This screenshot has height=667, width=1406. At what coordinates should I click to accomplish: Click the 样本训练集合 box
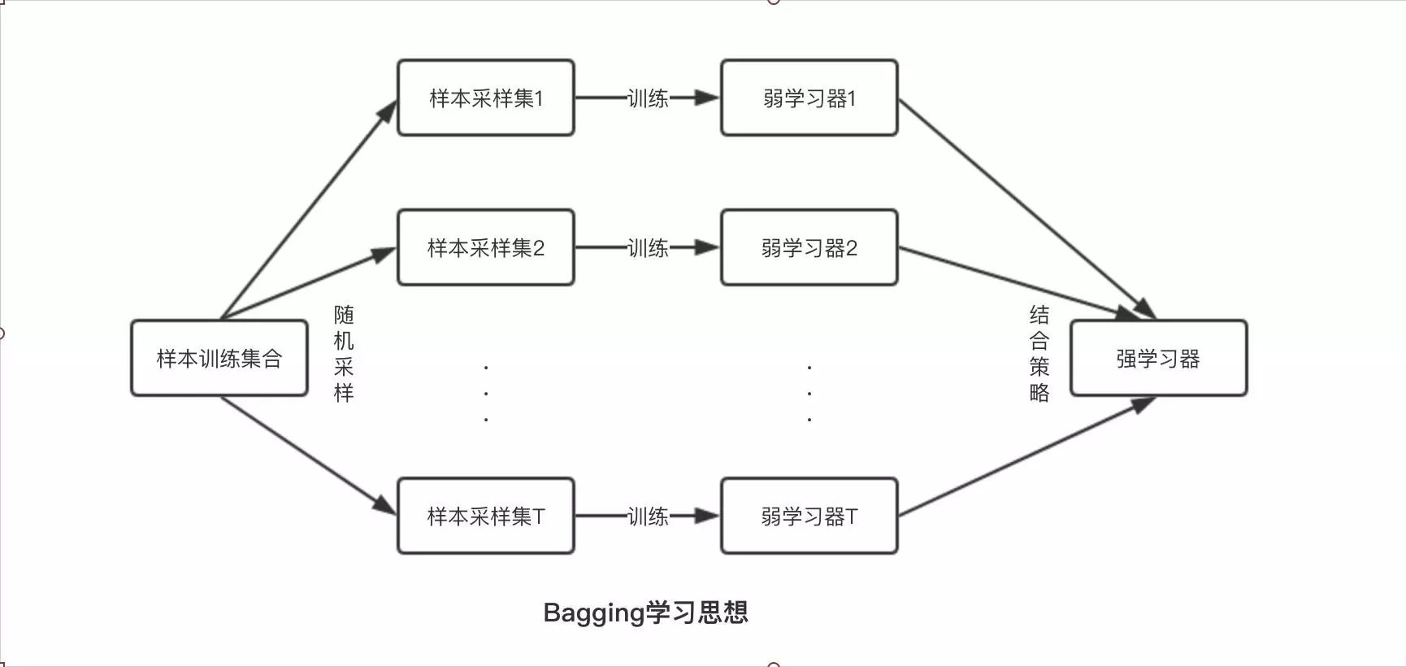(x=219, y=358)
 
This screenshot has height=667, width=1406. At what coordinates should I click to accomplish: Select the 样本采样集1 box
(x=485, y=98)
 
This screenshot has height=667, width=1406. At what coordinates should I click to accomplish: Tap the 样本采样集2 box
(x=485, y=247)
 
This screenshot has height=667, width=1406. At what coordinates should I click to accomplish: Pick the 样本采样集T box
(x=485, y=516)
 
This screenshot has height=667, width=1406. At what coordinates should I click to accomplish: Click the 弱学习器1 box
(x=809, y=98)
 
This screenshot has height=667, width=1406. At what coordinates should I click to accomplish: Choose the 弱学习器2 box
(x=809, y=247)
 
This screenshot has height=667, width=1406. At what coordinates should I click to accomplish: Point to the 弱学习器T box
(x=809, y=516)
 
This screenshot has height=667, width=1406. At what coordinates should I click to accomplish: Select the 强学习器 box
(x=1158, y=358)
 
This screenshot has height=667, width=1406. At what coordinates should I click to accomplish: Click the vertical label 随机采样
(x=344, y=354)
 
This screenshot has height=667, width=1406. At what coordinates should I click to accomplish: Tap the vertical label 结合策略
(x=1039, y=354)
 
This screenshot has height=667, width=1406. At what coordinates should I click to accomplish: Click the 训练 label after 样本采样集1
(x=648, y=98)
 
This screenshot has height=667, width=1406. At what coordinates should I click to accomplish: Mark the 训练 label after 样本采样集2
(x=648, y=248)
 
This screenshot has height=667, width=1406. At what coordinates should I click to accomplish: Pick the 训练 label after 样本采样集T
(x=648, y=517)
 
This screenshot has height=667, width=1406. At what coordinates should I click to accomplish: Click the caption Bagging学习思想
(x=645, y=613)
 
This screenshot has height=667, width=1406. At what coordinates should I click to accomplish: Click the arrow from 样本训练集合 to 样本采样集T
(x=309, y=456)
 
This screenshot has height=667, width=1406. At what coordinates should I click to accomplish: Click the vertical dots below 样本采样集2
(x=486, y=394)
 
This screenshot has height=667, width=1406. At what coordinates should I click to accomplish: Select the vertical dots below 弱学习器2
(x=809, y=394)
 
